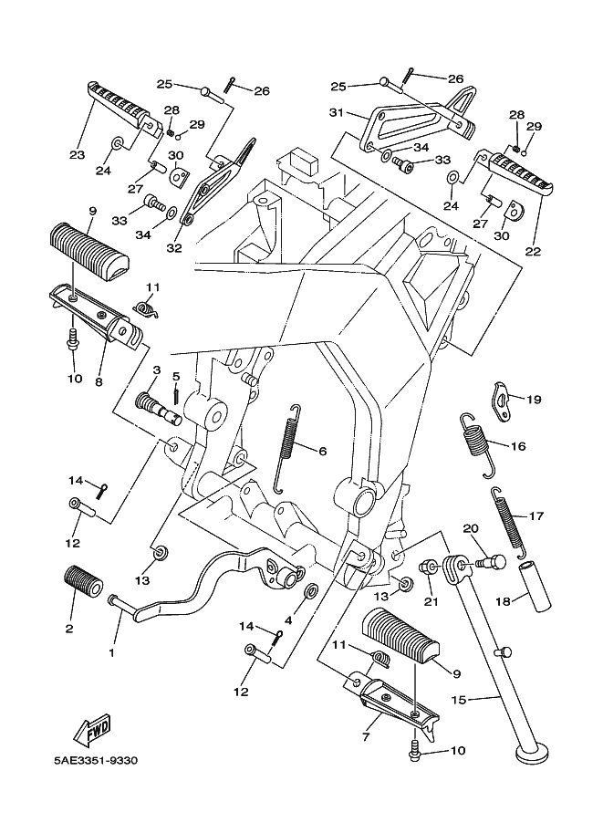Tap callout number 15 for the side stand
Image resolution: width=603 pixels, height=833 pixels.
click(460, 700)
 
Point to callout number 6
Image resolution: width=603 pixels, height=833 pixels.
click(322, 451)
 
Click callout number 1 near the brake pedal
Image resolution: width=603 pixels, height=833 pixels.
click(113, 652)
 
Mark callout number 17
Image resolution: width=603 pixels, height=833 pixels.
click(535, 516)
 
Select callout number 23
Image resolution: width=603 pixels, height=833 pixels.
click(77, 155)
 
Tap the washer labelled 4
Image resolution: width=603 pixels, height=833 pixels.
click(310, 593)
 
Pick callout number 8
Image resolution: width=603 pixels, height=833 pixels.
click(99, 382)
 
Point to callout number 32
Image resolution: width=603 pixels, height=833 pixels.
click(174, 247)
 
